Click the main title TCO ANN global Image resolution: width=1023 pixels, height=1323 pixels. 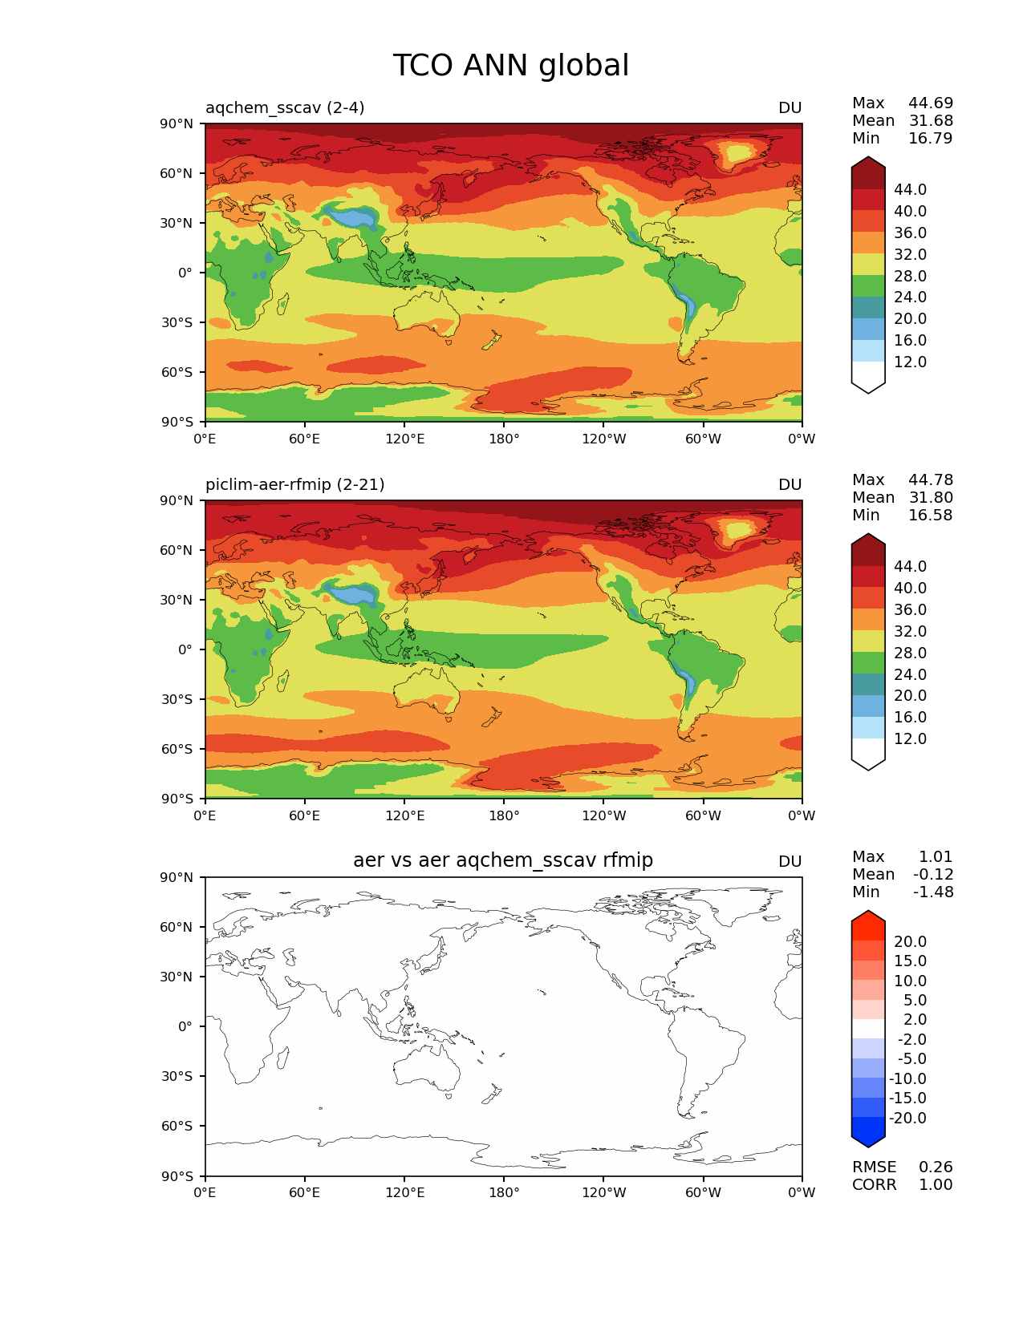click(x=510, y=66)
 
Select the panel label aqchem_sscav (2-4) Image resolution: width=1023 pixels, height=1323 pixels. click(x=285, y=107)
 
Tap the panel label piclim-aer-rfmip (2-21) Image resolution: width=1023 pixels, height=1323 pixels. click(x=294, y=484)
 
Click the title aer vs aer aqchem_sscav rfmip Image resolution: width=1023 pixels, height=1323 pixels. click(x=503, y=860)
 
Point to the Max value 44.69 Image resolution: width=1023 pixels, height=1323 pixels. click(x=931, y=103)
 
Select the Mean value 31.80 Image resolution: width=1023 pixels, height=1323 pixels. click(x=931, y=497)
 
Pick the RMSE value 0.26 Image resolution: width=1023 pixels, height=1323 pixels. click(x=936, y=1167)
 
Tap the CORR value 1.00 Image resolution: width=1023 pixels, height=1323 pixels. click(x=936, y=1184)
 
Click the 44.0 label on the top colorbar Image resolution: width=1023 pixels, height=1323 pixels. click(x=910, y=189)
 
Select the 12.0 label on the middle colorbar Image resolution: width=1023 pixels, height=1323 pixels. click(x=910, y=738)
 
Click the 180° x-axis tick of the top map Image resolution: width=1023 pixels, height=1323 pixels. click(x=504, y=439)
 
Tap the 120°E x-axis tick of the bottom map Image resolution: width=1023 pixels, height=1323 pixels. click(x=404, y=1192)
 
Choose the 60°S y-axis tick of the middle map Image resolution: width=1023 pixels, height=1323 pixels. click(x=177, y=749)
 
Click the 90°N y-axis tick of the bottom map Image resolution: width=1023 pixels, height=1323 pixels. click(x=177, y=877)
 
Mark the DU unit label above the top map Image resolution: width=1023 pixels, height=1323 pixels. click(x=790, y=107)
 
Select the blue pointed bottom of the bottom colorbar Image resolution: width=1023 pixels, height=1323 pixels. click(x=868, y=1134)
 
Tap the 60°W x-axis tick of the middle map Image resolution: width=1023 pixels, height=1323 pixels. click(x=703, y=815)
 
